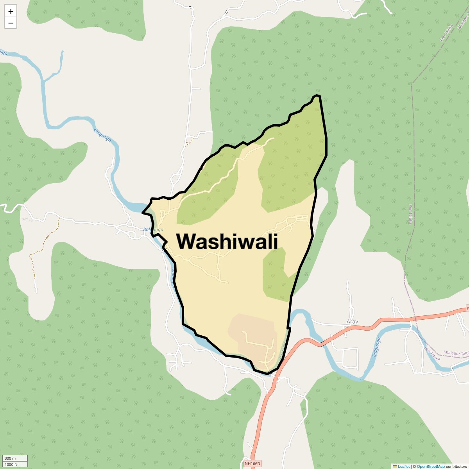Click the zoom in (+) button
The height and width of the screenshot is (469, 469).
(11, 11)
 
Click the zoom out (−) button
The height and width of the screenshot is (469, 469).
(11, 23)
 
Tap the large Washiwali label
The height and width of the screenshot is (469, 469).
(227, 241)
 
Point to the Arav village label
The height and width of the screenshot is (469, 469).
(352, 322)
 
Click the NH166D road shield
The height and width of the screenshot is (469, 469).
(252, 464)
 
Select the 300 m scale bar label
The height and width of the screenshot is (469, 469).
(11, 458)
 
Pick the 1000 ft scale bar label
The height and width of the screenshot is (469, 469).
(11, 464)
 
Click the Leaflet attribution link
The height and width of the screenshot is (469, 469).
(404, 466)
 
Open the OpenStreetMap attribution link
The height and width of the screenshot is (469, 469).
(430, 466)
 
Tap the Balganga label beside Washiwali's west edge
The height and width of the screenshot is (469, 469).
(153, 229)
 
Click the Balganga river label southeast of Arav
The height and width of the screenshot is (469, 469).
(376, 347)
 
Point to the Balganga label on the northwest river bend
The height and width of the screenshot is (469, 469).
(102, 135)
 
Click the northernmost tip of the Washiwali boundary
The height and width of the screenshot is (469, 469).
(317, 95)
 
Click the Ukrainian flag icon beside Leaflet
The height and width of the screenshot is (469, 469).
(395, 466)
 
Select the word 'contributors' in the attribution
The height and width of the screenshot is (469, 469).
(456, 466)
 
